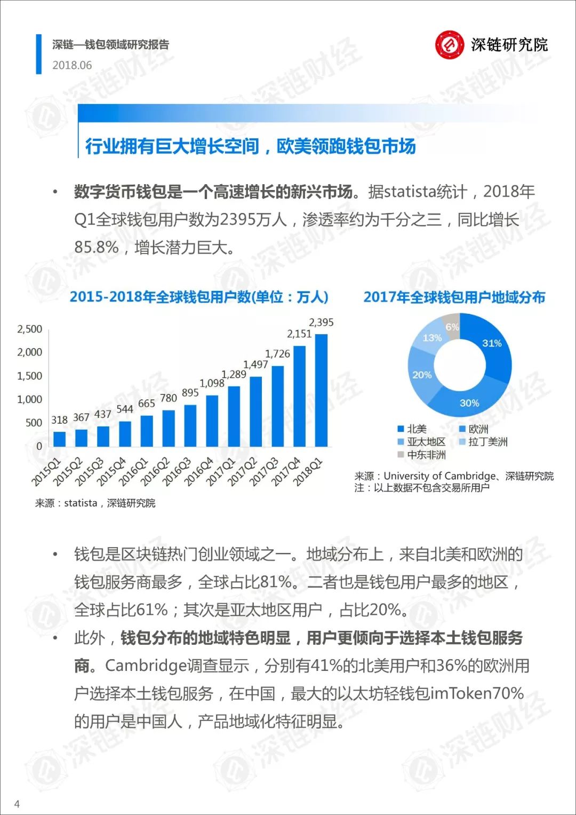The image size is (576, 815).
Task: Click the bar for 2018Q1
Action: click(x=321, y=390)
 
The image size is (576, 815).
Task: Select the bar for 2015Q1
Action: click(x=59, y=439)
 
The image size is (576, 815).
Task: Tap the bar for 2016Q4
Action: click(x=212, y=421)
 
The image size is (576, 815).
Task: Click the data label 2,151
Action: click(x=299, y=334)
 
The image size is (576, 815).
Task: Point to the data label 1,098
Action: click(x=212, y=383)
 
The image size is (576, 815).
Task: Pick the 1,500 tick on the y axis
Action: click(x=29, y=376)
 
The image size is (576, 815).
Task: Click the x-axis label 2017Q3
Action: click(x=266, y=472)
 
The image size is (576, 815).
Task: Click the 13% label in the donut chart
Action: click(x=432, y=338)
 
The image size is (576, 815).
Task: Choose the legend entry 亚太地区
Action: click(x=422, y=442)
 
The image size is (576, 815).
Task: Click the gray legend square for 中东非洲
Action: click(x=401, y=455)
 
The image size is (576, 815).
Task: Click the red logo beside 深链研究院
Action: click(x=450, y=45)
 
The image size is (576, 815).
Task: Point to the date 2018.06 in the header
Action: click(x=72, y=65)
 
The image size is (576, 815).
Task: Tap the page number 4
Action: click(x=17, y=803)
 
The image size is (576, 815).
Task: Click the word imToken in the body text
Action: click(x=460, y=693)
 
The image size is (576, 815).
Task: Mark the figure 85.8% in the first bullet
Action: click(x=97, y=247)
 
